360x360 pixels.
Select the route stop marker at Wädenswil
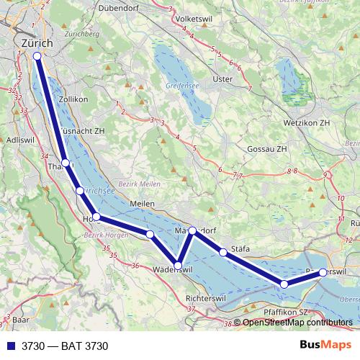179,266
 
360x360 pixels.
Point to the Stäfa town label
240,249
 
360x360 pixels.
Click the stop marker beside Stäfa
223,252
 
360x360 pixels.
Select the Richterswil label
207,297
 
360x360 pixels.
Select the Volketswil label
210,18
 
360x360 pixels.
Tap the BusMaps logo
324,346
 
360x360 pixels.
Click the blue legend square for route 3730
11,346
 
